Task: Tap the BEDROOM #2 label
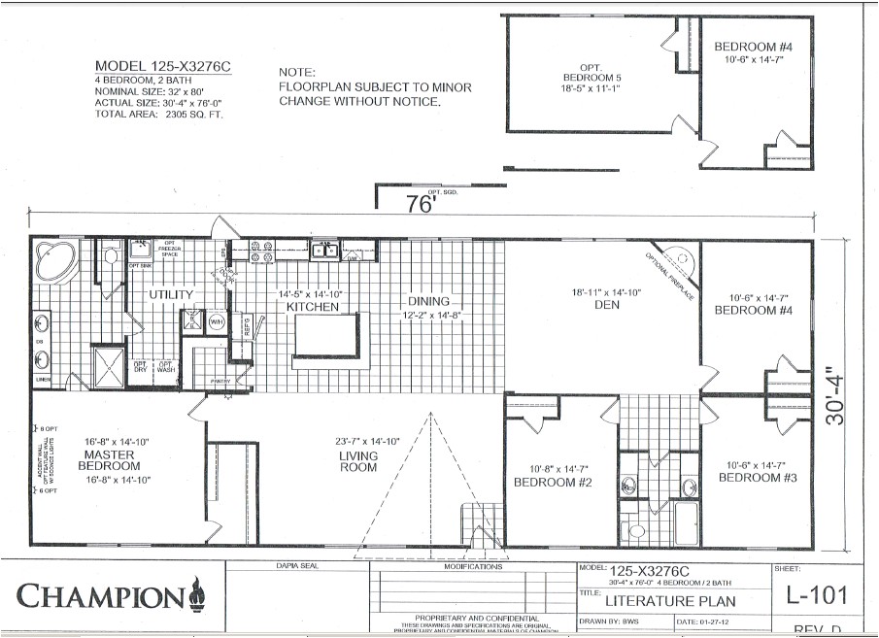553,483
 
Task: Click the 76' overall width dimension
419,205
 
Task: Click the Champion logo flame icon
197,590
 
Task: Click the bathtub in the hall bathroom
687,524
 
